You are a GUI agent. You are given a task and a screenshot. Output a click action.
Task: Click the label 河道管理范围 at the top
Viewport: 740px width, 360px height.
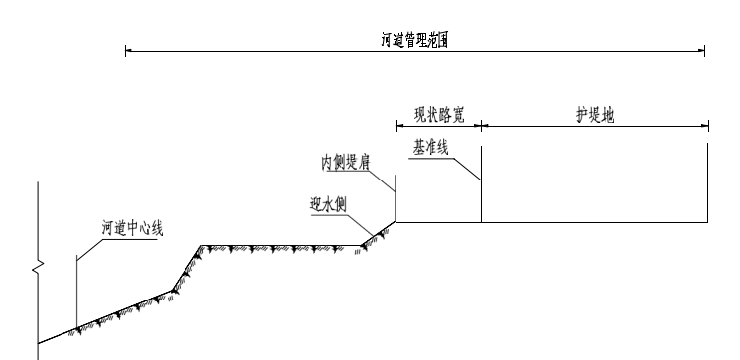click(x=414, y=41)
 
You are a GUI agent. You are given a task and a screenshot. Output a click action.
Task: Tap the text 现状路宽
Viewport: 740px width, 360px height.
click(x=438, y=113)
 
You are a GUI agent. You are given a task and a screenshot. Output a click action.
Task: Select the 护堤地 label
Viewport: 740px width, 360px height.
click(x=595, y=113)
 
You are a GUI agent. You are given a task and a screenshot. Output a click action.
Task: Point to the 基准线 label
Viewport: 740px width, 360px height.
click(x=431, y=147)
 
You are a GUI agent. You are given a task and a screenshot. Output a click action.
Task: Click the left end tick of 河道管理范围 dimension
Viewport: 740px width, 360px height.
click(x=126, y=51)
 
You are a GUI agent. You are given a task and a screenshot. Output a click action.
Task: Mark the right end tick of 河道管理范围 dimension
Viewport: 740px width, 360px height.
click(x=704, y=51)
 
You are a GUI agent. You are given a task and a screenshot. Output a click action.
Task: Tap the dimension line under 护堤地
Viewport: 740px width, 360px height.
click(x=595, y=126)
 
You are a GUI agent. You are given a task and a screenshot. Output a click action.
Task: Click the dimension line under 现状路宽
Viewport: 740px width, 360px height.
click(x=438, y=126)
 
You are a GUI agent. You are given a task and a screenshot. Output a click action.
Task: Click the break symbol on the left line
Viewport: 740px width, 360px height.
click(x=38, y=267)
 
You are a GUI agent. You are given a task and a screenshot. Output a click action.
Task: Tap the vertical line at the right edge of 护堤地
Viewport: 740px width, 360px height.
click(x=707, y=183)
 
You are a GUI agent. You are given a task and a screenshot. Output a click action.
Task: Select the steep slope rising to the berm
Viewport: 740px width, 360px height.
click(x=186, y=268)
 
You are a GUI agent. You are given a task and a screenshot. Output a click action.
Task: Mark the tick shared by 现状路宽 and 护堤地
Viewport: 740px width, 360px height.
click(x=481, y=126)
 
